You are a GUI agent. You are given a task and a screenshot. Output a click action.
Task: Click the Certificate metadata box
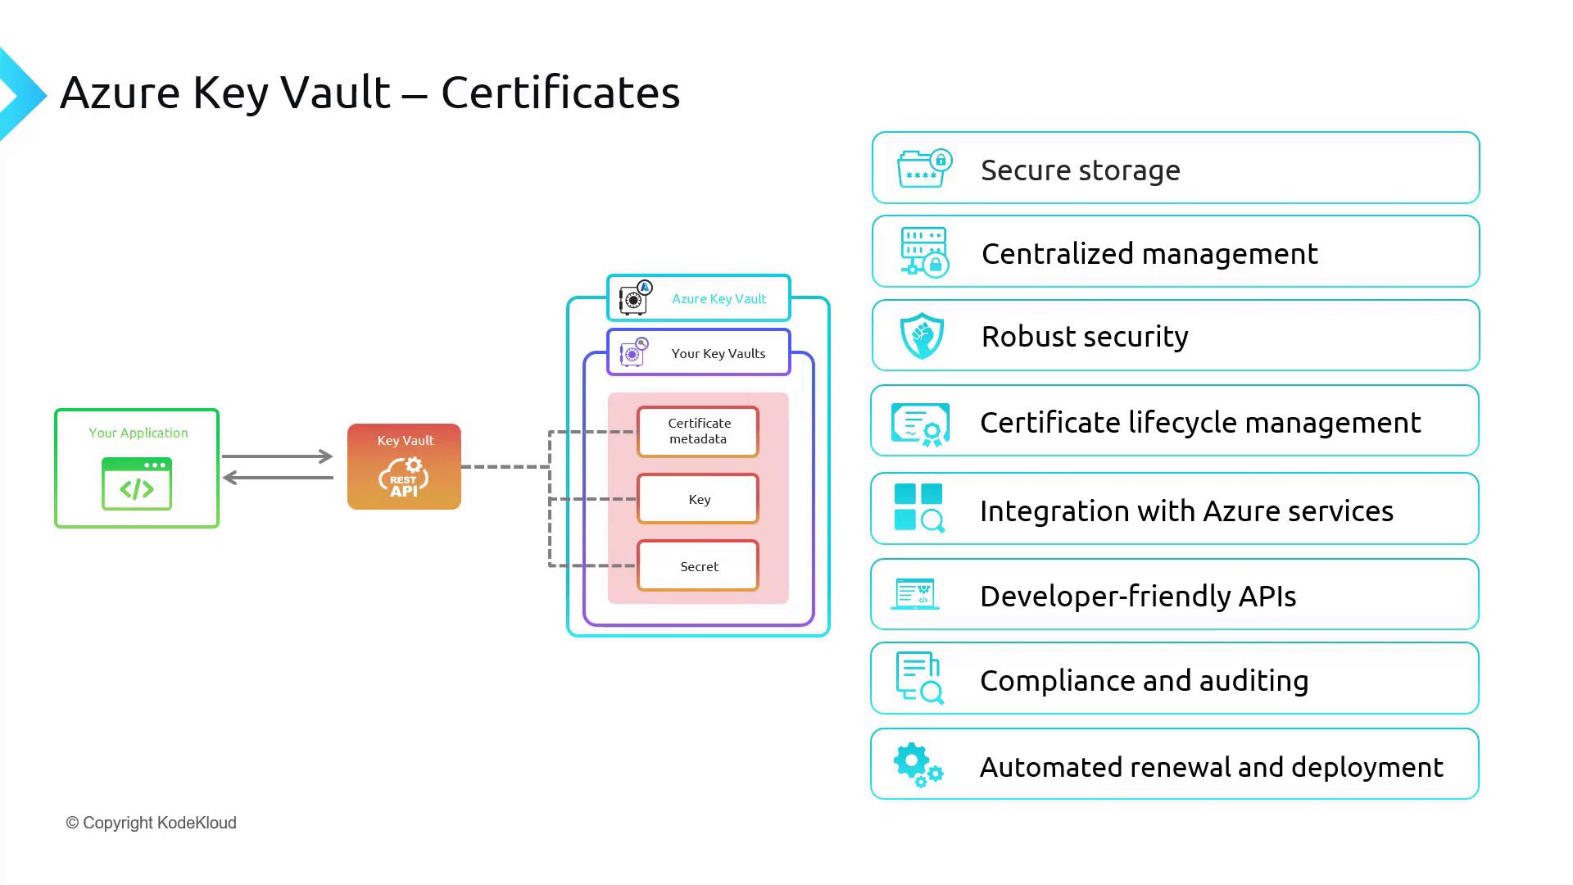click(x=698, y=431)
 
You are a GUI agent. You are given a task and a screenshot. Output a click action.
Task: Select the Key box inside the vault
click(x=698, y=499)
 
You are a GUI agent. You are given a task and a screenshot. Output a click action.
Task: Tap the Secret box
click(x=698, y=566)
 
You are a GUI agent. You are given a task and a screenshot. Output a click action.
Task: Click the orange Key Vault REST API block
click(x=404, y=467)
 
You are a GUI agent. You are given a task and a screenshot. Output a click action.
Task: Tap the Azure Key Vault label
click(x=719, y=299)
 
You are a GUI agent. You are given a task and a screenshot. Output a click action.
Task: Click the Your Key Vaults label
click(x=718, y=354)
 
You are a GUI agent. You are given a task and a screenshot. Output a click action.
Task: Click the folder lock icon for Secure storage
click(x=923, y=169)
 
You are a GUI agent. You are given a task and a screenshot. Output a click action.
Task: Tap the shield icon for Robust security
click(x=922, y=336)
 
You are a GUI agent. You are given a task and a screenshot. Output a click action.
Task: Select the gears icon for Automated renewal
click(x=918, y=765)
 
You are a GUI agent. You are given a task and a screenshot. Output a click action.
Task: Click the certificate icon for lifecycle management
click(x=921, y=424)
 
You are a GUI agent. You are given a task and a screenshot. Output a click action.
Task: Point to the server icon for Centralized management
click(x=924, y=252)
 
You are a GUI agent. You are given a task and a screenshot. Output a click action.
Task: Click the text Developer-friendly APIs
click(x=1138, y=597)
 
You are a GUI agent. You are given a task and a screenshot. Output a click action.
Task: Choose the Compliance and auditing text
click(x=1144, y=681)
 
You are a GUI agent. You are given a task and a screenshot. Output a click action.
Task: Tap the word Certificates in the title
click(x=560, y=92)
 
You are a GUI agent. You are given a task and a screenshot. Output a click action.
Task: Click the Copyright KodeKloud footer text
click(x=152, y=823)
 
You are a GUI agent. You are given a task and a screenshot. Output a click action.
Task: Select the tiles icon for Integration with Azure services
click(x=918, y=508)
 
